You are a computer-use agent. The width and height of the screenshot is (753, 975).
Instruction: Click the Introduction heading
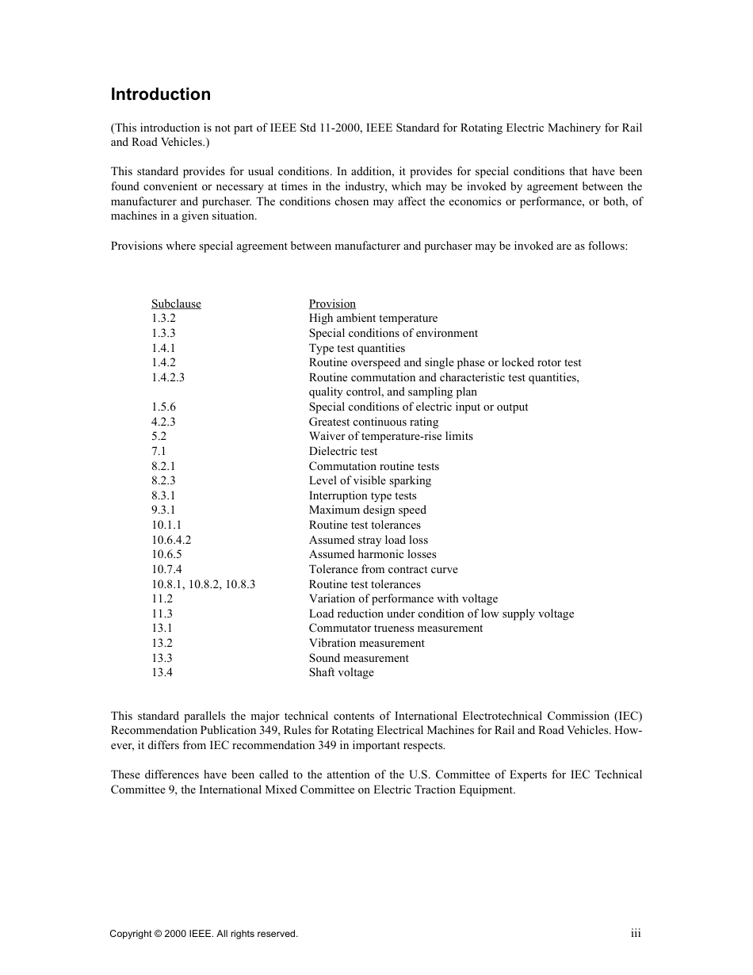[161, 94]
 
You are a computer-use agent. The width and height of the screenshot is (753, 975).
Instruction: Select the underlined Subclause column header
[176, 304]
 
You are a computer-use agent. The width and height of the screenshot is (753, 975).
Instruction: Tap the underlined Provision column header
[332, 304]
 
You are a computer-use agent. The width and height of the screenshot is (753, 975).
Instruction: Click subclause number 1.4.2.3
[168, 377]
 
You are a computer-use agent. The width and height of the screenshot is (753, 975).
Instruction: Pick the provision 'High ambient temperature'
[373, 319]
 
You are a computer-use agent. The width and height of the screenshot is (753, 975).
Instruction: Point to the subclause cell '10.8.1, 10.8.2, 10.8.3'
[203, 584]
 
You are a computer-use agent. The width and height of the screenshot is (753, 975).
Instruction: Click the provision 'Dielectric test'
[343, 451]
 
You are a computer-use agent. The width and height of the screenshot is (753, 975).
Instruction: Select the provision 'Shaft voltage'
[341, 672]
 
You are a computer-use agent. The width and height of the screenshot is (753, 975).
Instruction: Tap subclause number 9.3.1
[163, 510]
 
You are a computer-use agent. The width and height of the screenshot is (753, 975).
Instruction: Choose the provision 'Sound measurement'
[358, 658]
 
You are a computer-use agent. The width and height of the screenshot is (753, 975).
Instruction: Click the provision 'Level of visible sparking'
[369, 480]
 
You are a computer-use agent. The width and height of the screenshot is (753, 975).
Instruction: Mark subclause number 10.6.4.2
[171, 540]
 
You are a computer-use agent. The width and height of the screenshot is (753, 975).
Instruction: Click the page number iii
[636, 934]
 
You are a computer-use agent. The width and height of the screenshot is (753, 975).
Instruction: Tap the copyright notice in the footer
[204, 935]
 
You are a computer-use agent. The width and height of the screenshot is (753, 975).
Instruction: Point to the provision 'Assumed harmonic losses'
[372, 554]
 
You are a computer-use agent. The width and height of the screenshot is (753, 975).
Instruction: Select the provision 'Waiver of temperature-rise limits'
[390, 436]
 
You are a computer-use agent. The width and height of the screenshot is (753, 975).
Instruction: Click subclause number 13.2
[162, 643]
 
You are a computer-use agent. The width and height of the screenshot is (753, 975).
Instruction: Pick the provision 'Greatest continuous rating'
[373, 422]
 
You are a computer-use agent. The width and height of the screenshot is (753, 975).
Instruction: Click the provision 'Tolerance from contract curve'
[383, 569]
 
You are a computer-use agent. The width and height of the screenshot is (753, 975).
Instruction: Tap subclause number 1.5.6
[163, 407]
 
